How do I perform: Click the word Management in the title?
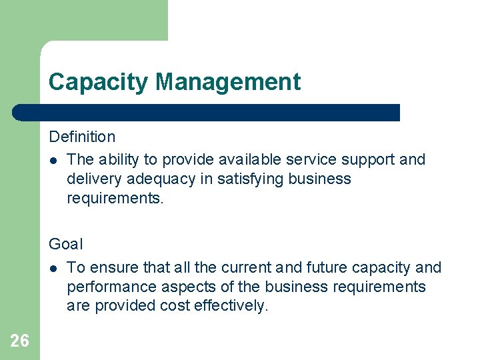(x=228, y=82)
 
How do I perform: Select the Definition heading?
(x=82, y=137)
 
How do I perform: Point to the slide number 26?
(x=20, y=341)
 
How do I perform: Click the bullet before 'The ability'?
(x=53, y=160)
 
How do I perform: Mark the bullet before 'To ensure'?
(x=53, y=268)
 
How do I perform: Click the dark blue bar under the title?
(x=207, y=112)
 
